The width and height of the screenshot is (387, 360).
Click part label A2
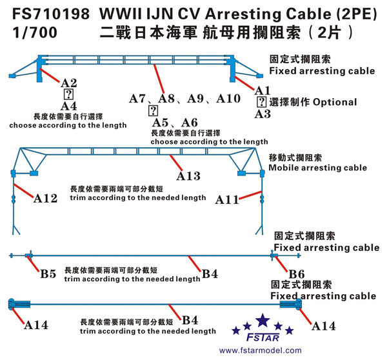[68, 83]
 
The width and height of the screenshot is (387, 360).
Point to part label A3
[263, 114]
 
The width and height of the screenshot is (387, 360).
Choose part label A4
[68, 106]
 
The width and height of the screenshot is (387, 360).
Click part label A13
[188, 175]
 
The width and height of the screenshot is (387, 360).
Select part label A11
[228, 199]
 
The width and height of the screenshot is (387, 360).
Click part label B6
[297, 273]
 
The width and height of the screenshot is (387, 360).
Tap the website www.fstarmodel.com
[260, 351]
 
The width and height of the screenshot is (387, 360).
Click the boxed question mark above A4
[68, 94]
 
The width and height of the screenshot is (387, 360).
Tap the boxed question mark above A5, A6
[152, 110]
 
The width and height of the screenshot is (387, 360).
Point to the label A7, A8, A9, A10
[184, 99]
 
